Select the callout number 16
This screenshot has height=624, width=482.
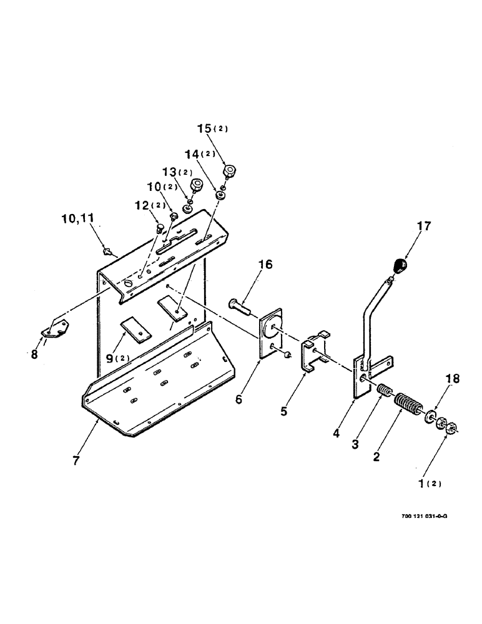[x=265, y=265]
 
